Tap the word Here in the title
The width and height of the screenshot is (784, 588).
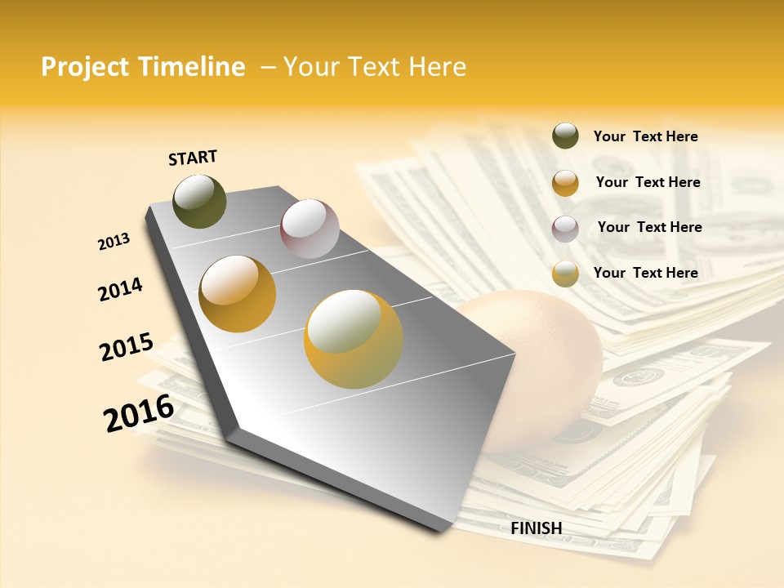point(437,67)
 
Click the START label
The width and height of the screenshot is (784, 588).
point(193,158)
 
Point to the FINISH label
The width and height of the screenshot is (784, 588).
point(536,528)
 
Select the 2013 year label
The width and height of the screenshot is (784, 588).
point(114,242)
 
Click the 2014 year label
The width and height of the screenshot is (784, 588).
point(120,289)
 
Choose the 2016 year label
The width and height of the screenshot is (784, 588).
point(138,413)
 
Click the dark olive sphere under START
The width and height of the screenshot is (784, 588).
point(199,201)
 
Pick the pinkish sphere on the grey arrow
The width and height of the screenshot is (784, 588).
point(310,229)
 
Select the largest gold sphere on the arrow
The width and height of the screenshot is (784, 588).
point(354,339)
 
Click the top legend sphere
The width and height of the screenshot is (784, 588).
point(565,136)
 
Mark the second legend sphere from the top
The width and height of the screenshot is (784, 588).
point(565,183)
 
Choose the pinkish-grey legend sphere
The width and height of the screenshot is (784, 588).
point(565,229)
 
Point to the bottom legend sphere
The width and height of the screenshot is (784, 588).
point(565,274)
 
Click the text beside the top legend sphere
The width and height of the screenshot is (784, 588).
point(645,136)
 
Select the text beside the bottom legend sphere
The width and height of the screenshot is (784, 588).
point(645,273)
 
